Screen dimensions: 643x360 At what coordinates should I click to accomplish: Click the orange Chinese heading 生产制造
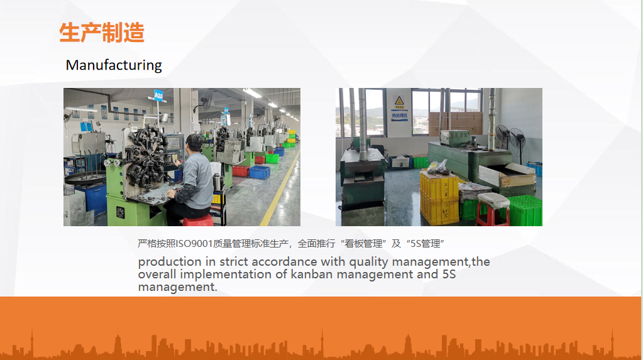click(x=102, y=33)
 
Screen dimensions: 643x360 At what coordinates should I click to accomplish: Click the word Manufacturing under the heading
click(x=114, y=65)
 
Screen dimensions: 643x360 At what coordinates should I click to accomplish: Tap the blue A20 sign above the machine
click(x=158, y=95)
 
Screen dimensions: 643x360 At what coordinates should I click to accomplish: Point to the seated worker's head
click(x=195, y=142)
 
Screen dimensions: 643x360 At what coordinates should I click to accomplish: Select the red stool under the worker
click(x=198, y=221)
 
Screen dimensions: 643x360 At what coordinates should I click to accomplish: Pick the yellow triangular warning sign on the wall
click(x=399, y=101)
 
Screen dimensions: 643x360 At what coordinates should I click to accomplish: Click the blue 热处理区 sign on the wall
click(x=399, y=116)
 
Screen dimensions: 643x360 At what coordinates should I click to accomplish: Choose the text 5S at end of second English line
click(x=449, y=274)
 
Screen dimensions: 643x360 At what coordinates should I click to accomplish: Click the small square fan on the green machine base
click(x=120, y=212)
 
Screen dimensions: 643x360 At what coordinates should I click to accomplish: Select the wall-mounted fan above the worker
click(x=206, y=100)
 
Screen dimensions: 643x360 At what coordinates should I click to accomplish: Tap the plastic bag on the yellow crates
click(x=437, y=167)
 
